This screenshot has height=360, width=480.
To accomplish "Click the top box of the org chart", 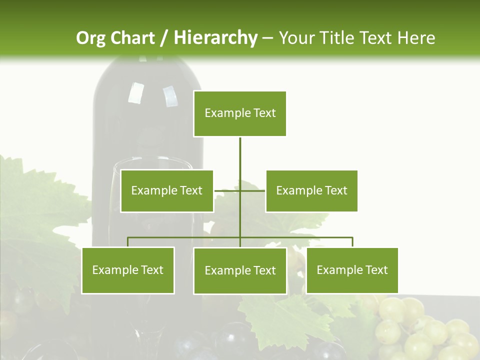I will [x=240, y=113].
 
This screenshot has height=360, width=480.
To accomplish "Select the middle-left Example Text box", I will [x=167, y=190].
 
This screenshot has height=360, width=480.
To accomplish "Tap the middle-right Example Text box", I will [x=311, y=190].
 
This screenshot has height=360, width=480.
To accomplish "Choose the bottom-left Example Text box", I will [x=128, y=270].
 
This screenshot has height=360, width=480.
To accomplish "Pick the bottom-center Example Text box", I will [x=240, y=270].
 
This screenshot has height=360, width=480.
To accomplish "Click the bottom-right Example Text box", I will [x=352, y=270].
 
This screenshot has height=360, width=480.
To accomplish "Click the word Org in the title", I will [x=90, y=38].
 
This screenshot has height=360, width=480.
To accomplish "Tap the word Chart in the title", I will [x=132, y=38].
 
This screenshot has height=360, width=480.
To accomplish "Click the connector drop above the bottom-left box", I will [x=128, y=242].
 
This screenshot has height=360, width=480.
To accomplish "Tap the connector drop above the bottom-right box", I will [x=352, y=242].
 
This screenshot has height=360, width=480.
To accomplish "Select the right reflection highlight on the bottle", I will [x=170, y=96].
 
